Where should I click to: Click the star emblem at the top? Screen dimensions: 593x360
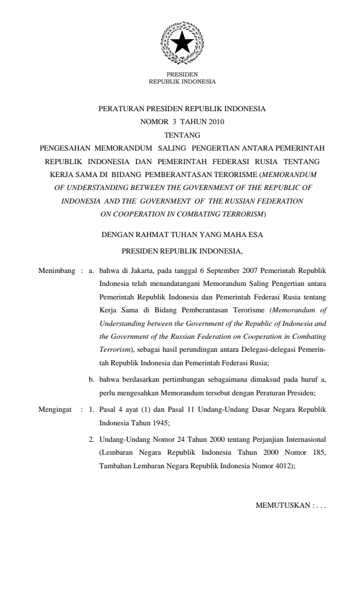click(x=182, y=42)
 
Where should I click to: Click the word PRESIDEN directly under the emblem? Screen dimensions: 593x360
click(x=182, y=74)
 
